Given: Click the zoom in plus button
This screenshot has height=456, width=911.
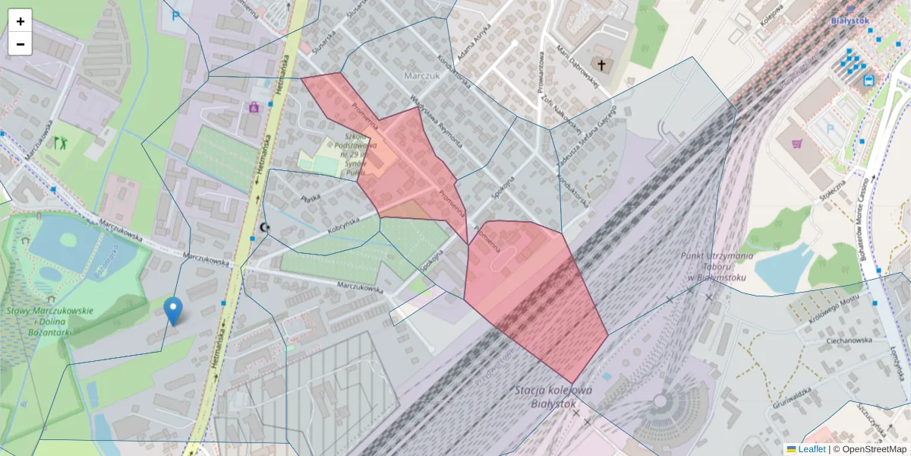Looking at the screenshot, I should pyautogui.click(x=20, y=21).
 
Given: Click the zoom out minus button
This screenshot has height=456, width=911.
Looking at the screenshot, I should pyautogui.click(x=20, y=44).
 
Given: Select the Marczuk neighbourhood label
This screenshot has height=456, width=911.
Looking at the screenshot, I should pyautogui.click(x=422, y=77).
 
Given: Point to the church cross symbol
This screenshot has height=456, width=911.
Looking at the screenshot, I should pyautogui.click(x=602, y=65).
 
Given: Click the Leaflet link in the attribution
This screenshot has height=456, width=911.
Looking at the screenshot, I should pyautogui.click(x=812, y=449).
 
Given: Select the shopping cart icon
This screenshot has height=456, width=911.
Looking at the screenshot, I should pyautogui.click(x=797, y=143).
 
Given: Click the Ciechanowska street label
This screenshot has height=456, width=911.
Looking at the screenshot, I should pyautogui.click(x=850, y=340).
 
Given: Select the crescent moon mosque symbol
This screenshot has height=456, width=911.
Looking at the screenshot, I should pyautogui.click(x=264, y=227).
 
